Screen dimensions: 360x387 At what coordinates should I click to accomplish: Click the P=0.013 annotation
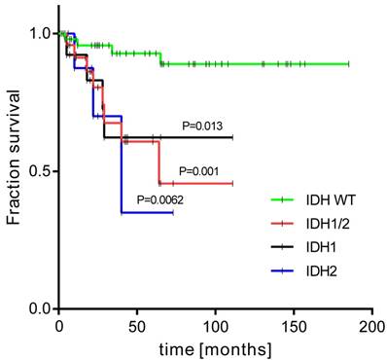(x=201, y=126)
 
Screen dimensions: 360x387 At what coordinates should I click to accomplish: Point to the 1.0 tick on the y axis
(x=40, y=33)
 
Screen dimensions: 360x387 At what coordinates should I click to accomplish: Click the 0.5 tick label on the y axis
(x=40, y=171)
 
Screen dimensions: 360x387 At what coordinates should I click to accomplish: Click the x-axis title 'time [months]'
(x=215, y=346)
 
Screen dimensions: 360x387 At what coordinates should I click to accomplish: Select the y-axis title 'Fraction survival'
(x=14, y=170)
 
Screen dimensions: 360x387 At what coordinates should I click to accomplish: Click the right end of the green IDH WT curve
(x=349, y=64)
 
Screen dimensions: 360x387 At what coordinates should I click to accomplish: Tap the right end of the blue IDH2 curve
(x=173, y=212)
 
